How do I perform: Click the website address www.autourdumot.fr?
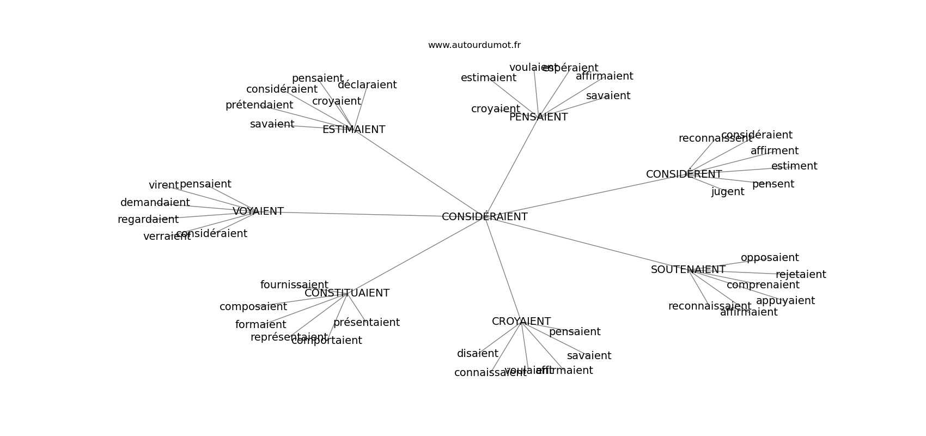point(474,45)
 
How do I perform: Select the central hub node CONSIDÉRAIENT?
point(484,217)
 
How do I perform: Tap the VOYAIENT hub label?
point(258,211)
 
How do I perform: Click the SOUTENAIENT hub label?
point(688,270)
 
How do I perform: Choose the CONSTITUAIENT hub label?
point(347,293)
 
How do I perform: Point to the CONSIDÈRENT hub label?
point(684,174)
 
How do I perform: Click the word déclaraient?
point(367,85)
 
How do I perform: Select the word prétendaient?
point(259,105)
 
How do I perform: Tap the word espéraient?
point(570,68)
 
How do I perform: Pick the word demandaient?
point(155,203)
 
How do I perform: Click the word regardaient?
point(148,220)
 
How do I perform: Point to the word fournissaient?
point(294,285)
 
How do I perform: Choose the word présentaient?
point(367,323)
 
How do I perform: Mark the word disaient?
point(477,354)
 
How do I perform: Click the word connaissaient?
point(490,373)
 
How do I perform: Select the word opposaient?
point(769,258)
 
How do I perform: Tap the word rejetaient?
point(801,275)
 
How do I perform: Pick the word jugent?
point(728,192)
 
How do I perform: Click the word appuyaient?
point(785,301)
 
